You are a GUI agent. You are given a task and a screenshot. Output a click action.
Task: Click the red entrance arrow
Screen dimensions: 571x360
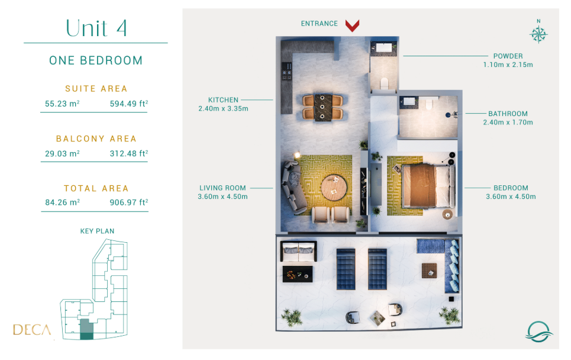pyautogui.click(x=352, y=25)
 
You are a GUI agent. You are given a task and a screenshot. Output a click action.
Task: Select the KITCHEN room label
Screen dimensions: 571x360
pyautogui.click(x=223, y=100)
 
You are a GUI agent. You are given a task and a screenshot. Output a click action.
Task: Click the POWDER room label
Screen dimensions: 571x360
pyautogui.click(x=508, y=56)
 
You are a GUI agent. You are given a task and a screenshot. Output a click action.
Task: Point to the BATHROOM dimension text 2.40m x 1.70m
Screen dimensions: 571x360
pyautogui.click(x=508, y=123)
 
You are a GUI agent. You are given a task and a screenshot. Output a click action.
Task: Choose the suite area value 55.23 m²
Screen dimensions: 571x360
pyautogui.click(x=62, y=104)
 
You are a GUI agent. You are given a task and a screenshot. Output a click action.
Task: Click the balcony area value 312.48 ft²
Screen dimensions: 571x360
pyautogui.click(x=129, y=153)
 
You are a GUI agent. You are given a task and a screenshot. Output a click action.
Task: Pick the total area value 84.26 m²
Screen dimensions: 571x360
pyautogui.click(x=62, y=202)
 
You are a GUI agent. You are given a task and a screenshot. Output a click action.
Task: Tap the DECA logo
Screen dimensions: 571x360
pyautogui.click(x=32, y=330)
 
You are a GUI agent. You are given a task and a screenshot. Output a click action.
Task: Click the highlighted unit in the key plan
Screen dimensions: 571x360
pyautogui.click(x=86, y=329)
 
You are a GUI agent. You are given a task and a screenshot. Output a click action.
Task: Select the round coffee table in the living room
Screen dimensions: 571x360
pyautogui.click(x=334, y=188)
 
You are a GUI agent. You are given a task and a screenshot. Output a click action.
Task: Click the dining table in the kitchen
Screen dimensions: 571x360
pyautogui.click(x=322, y=108)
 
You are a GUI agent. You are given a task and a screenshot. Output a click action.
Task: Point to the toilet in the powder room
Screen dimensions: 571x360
pyautogui.click(x=384, y=83)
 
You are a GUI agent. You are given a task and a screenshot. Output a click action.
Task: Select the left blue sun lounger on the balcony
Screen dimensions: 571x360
pyautogui.click(x=346, y=269)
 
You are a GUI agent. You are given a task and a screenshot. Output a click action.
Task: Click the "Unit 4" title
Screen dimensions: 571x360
pyautogui.click(x=96, y=28)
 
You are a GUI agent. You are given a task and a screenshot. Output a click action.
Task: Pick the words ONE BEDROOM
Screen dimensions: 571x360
pyautogui.click(x=96, y=60)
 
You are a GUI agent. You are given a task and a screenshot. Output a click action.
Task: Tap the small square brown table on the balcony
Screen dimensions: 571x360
pyautogui.click(x=430, y=271)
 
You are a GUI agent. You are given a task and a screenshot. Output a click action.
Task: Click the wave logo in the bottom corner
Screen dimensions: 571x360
pyautogui.click(x=538, y=331)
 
